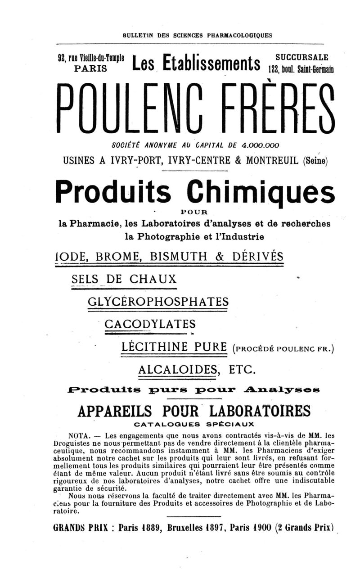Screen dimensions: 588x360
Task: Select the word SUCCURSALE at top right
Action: tap(301, 58)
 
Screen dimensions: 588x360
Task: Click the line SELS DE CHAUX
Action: tap(124, 279)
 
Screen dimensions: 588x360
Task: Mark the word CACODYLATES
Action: tap(150, 324)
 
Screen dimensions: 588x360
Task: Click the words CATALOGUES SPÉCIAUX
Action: tap(194, 424)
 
